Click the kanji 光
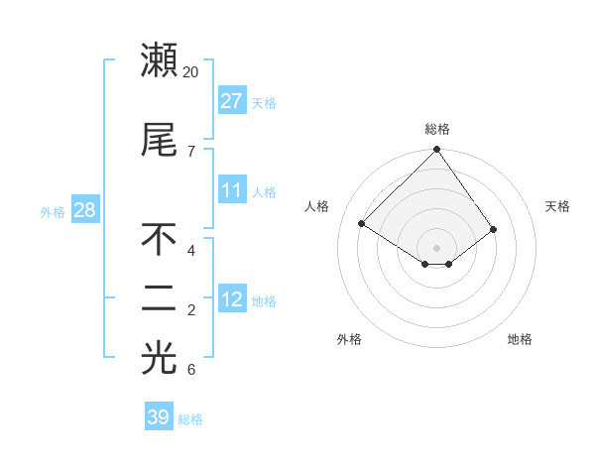[159, 360]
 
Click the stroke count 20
[191, 72]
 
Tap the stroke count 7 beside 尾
[190, 151]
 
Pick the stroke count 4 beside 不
[190, 250]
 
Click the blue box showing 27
[232, 101]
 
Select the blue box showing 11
[232, 190]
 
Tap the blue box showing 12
[232, 299]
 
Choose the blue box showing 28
[84, 209]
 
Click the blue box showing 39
[158, 417]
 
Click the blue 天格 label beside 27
[264, 102]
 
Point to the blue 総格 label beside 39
[190, 419]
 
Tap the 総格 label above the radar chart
[436, 129]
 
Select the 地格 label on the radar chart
[520, 339]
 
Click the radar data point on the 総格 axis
[436, 150]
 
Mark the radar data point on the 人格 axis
[362, 224]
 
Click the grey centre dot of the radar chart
[436, 247]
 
